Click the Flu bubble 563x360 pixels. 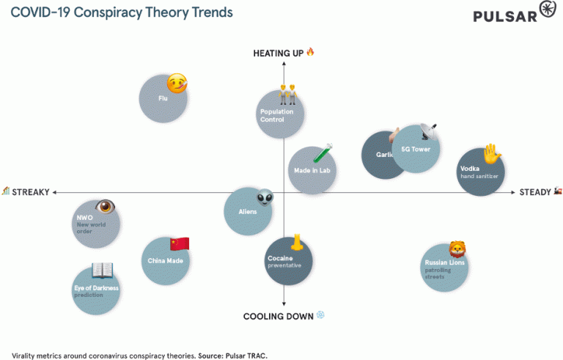[163, 98]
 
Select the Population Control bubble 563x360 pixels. [281, 116]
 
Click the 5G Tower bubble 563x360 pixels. [416, 149]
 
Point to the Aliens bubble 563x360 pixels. [248, 211]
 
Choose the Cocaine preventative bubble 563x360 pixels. [288, 262]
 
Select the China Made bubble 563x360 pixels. [165, 260]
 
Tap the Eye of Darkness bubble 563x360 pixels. [97, 290]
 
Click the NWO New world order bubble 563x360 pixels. [96, 223]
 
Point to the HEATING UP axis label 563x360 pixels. [279, 53]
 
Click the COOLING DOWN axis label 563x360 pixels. [279, 316]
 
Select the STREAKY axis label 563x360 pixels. [30, 192]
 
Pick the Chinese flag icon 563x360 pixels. [180, 243]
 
